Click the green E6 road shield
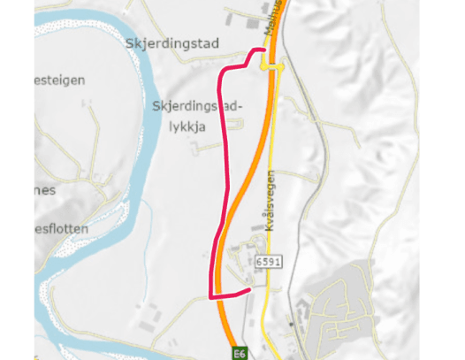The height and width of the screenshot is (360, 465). coord(238,351)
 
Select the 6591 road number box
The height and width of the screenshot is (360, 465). coord(268,263)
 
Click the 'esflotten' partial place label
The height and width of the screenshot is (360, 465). coord(62,228)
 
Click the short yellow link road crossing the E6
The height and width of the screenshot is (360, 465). coord(271,66)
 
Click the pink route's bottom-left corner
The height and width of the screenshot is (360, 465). coord(210,295)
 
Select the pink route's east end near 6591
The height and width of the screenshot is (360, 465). coord(250,288)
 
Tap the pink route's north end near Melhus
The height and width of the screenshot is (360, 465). coord(263,50)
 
